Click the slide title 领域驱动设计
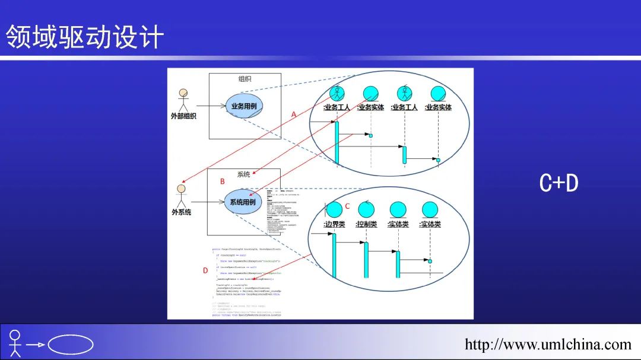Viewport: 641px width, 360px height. point(85,37)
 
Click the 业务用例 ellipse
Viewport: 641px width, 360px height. point(244,106)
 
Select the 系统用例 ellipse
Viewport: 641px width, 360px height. point(243,202)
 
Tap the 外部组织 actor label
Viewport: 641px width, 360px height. point(183,116)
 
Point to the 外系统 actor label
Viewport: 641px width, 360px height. point(182,212)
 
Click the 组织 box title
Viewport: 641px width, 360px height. point(245,79)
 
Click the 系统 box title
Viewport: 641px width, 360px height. point(243,174)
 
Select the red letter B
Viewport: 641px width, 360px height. point(223,181)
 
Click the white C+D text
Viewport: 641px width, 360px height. point(559,184)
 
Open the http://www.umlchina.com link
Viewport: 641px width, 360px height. point(548,344)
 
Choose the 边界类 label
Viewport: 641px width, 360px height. point(334,224)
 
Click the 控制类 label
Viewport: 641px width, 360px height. point(366,224)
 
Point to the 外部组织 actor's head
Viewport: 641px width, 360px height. point(183,93)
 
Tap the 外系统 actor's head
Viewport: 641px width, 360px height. point(182,189)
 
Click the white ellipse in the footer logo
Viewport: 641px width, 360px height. point(71,345)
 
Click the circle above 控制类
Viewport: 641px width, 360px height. point(366,209)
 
